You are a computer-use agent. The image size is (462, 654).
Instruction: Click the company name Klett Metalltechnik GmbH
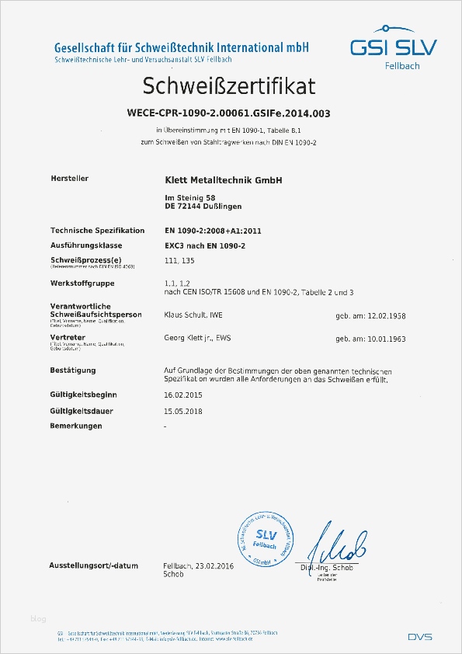tap(223, 179)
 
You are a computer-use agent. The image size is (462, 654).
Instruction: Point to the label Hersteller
tap(69, 179)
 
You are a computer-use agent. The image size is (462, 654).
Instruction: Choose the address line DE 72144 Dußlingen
tap(203, 207)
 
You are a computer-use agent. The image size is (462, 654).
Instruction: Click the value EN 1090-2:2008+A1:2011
tap(213, 231)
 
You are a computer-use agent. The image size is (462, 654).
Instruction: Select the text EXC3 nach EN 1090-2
tap(203, 245)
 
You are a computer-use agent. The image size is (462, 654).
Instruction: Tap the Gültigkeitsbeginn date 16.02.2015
tap(184, 395)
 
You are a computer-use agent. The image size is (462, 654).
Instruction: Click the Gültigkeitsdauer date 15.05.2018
tap(184, 411)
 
